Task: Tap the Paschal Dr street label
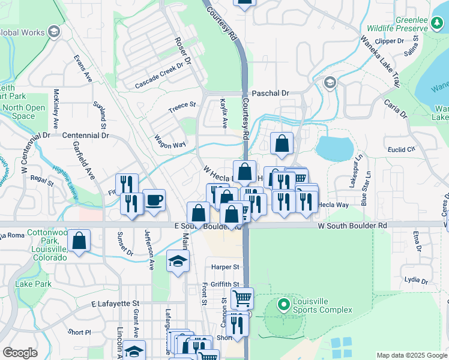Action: pos(270,94)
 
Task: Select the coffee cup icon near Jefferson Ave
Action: pos(154,200)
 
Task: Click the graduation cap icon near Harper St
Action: pos(178,262)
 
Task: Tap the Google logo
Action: pos(20,353)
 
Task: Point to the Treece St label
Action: pos(182,106)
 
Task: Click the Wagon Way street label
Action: pos(170,142)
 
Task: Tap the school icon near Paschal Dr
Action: pos(329,82)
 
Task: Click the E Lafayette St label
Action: pos(115,305)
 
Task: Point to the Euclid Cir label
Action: pos(402,149)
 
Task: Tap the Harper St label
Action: pos(225,266)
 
